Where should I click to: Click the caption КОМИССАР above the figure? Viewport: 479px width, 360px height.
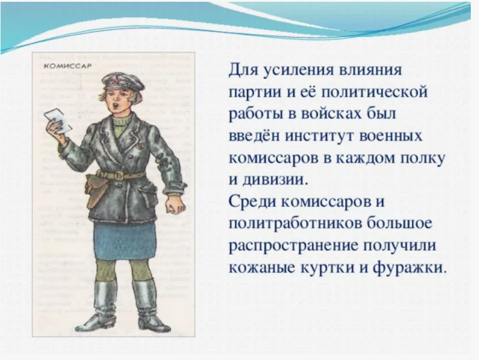point(68,66)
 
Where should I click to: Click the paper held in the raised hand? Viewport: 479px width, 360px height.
point(57,121)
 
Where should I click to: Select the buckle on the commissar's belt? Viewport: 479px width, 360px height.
point(119,176)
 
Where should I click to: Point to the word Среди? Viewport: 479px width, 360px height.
point(250,202)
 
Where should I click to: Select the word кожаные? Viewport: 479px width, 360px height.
point(262,268)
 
